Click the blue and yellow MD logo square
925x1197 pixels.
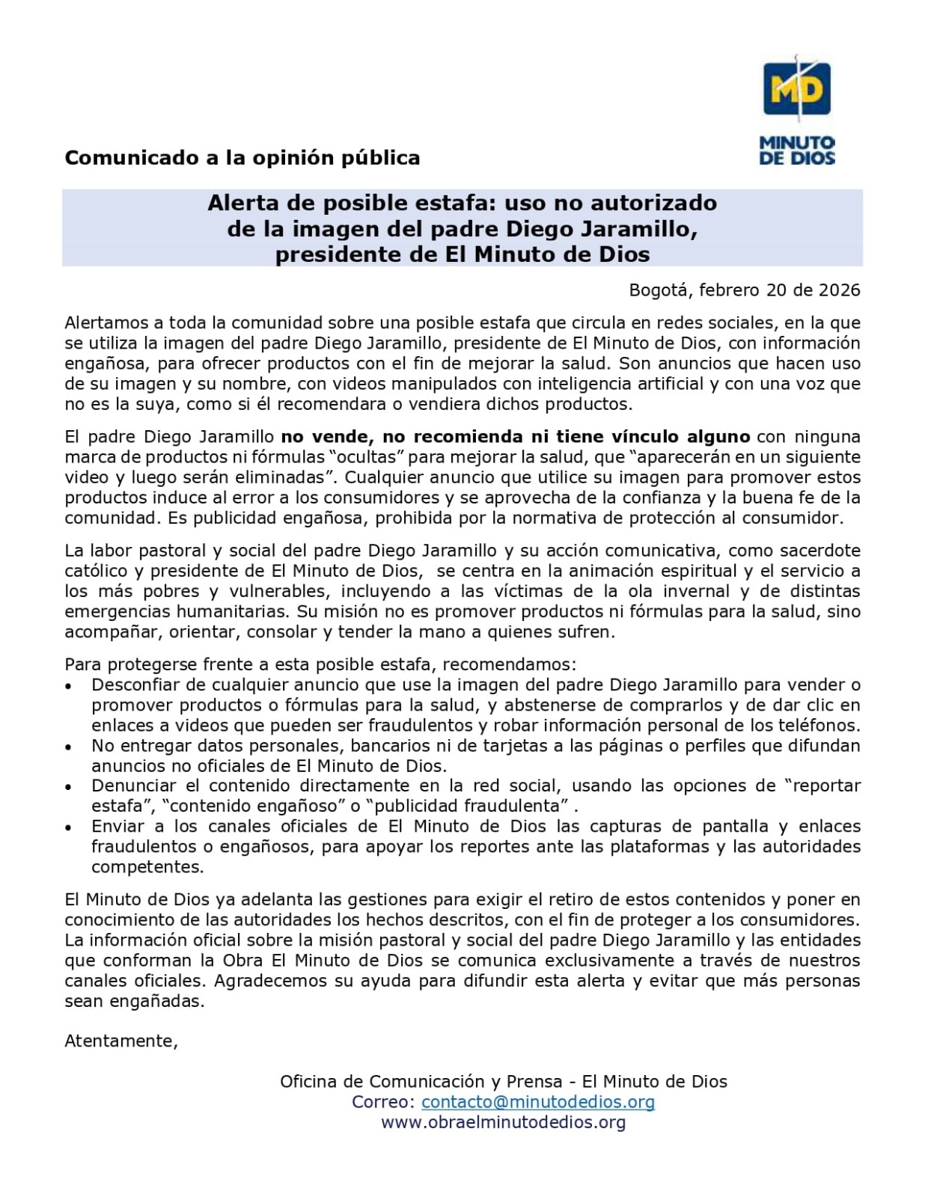[x=796, y=90]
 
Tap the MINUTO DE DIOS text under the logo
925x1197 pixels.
[x=796, y=150]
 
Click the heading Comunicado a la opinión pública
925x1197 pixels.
[x=242, y=158]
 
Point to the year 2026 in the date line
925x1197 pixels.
[x=839, y=290]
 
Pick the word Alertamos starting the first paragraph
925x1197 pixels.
[x=107, y=323]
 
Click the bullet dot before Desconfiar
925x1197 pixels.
[x=70, y=686]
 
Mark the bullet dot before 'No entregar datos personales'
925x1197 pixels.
[x=70, y=747]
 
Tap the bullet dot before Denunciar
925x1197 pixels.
[x=70, y=787]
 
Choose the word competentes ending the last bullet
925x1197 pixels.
[x=147, y=867]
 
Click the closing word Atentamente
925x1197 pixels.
[x=121, y=1041]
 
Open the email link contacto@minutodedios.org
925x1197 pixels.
[x=538, y=1102]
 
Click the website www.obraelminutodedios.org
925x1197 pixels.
[x=503, y=1122]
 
